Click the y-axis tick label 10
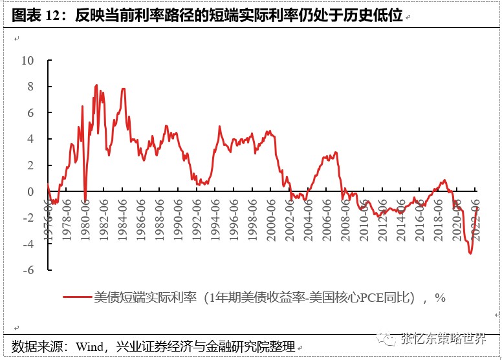[x=27, y=60]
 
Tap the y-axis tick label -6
[x=28, y=270]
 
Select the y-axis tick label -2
[x=28, y=218]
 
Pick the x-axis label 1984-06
[x=123, y=219]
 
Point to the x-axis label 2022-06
[x=475, y=219]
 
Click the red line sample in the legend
[x=77, y=297]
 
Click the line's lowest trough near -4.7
[x=470, y=253]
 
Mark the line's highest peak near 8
[x=96, y=85]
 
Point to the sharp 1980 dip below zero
[x=85, y=201]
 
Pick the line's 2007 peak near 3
[x=336, y=153]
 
